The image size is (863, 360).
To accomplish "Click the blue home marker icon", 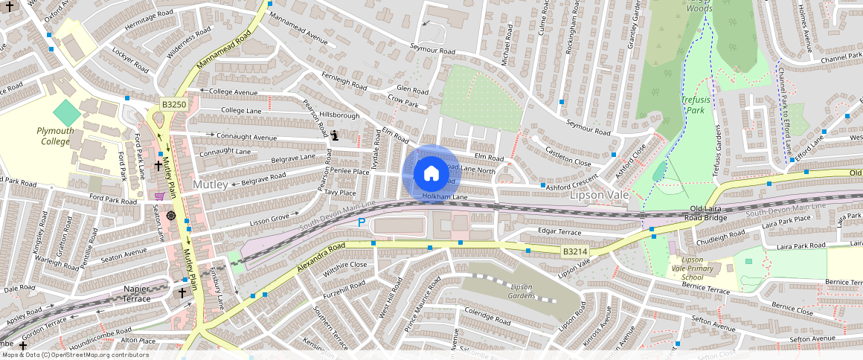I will [x=431, y=174].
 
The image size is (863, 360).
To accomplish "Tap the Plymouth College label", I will [x=56, y=136].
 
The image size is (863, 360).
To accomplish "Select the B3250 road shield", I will [x=173, y=105].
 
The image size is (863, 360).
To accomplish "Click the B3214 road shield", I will [x=574, y=252].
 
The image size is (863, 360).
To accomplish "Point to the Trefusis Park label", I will [x=694, y=104].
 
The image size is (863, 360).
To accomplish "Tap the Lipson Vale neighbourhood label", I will [x=599, y=196].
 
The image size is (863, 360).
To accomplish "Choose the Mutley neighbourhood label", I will [x=210, y=184].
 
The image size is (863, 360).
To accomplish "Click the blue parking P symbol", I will [x=362, y=222].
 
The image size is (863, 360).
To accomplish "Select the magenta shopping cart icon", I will [x=159, y=196].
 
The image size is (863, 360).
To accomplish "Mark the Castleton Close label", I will [x=568, y=156].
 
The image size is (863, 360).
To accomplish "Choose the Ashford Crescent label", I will [x=573, y=184].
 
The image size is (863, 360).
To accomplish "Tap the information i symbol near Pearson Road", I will [x=335, y=135].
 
